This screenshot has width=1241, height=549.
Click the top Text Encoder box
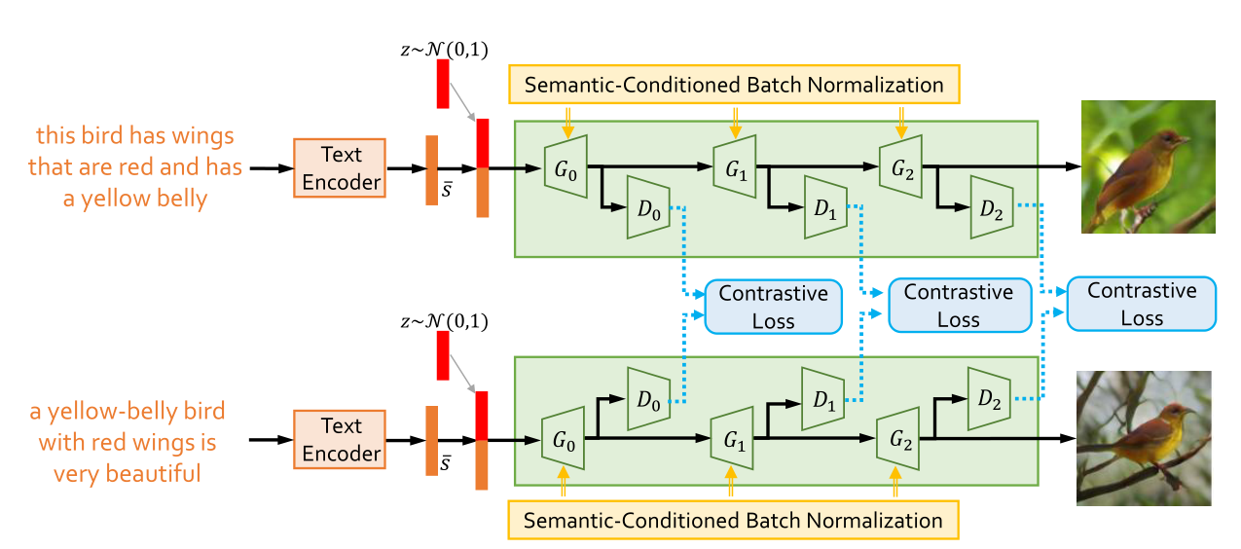(x=340, y=167)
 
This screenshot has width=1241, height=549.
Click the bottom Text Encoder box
(x=340, y=439)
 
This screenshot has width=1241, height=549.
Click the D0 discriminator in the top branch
(x=647, y=207)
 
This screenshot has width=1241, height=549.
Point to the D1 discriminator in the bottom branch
(x=821, y=399)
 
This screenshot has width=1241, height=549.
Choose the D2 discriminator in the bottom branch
(x=989, y=399)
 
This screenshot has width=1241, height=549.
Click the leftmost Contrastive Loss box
(x=773, y=307)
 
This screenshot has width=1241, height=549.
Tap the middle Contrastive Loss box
(x=958, y=305)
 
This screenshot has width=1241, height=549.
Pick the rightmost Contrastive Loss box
(x=1142, y=304)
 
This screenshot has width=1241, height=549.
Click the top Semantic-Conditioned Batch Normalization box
(x=734, y=85)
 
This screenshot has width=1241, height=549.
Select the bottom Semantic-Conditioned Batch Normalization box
(x=733, y=520)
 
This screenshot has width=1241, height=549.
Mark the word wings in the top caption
(x=205, y=136)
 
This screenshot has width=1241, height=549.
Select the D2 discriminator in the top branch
(x=992, y=207)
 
